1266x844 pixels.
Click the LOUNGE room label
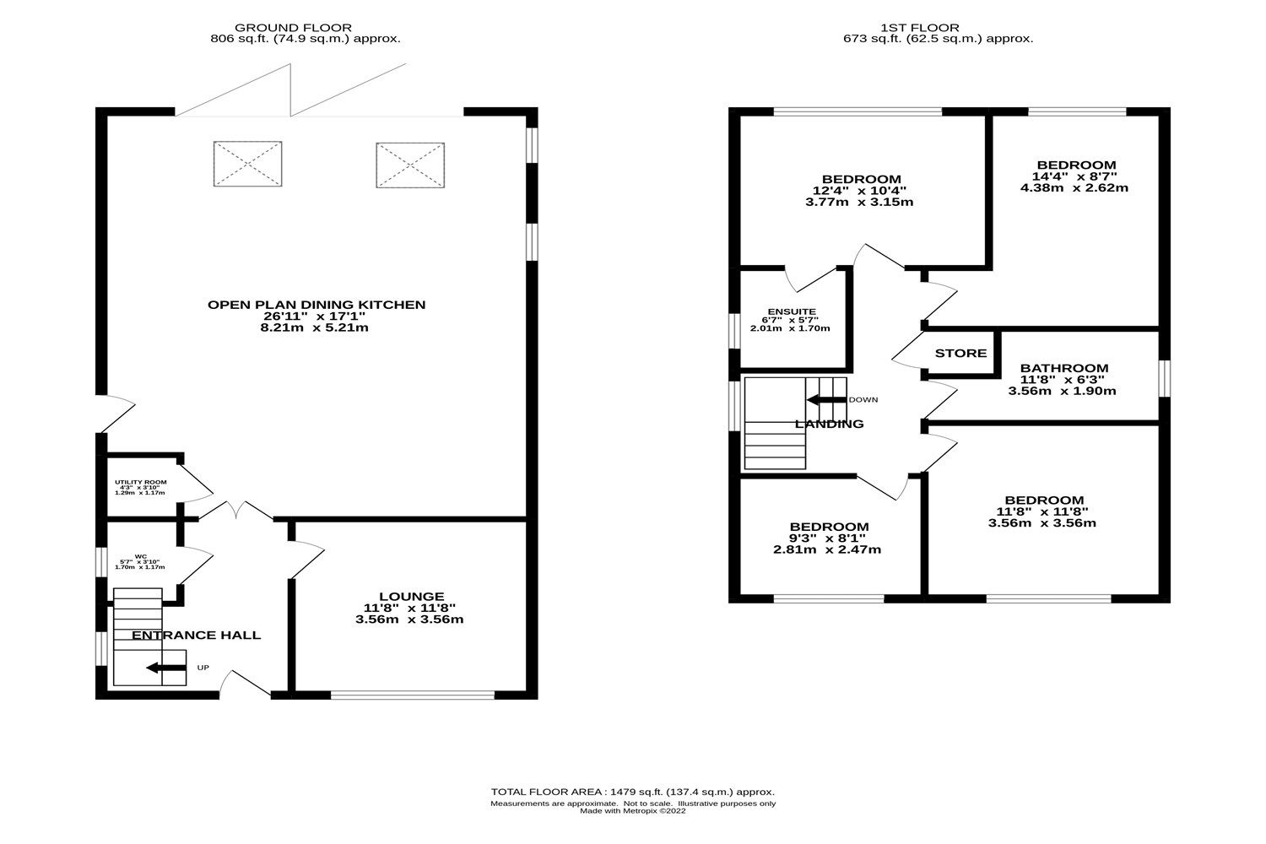[412, 597]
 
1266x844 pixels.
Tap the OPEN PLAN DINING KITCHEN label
[316, 305]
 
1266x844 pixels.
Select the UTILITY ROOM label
[141, 482]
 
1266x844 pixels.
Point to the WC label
[141, 556]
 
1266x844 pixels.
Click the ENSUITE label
[792, 311]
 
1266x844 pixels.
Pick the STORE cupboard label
[960, 354]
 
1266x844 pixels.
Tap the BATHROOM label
[1064, 368]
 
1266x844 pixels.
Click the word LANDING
[829, 424]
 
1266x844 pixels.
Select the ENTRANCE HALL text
[196, 636]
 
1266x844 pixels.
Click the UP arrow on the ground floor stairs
[166, 668]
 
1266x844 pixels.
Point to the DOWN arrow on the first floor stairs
[826, 400]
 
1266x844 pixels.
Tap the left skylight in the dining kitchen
[247, 164]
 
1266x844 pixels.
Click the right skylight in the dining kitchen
[410, 165]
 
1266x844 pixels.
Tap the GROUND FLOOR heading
[293, 28]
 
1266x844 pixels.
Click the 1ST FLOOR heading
[920, 28]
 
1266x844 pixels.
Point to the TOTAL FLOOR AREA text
[632, 793]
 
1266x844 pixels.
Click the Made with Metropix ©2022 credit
[632, 811]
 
